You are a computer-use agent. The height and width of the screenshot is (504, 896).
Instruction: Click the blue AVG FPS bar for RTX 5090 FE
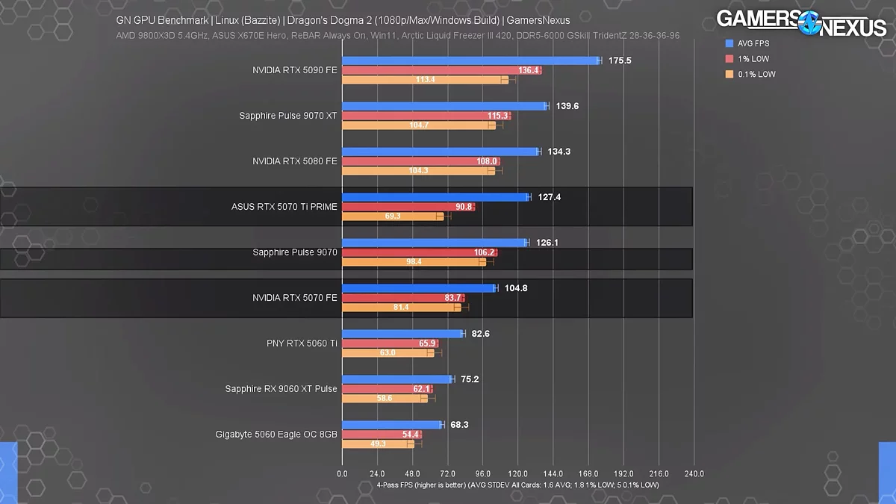point(470,60)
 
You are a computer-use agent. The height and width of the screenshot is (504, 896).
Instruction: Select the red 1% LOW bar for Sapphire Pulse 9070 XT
point(426,116)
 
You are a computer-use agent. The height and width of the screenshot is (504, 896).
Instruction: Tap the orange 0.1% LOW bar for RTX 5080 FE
point(418,170)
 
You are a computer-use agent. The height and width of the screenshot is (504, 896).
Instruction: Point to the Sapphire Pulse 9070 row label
point(295,252)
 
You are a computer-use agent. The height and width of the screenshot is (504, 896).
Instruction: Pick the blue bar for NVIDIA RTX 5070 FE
point(419,288)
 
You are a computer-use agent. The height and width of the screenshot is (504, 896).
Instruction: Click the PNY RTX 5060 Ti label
point(302,343)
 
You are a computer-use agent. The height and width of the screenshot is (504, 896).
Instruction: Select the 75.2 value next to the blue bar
point(470,379)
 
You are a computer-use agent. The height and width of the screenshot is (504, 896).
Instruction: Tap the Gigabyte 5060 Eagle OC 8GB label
point(276,434)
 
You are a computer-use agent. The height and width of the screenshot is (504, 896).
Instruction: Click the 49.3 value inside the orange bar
point(378,444)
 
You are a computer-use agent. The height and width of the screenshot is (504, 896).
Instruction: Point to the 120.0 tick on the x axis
point(517,473)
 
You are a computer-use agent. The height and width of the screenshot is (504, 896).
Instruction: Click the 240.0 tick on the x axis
point(694,473)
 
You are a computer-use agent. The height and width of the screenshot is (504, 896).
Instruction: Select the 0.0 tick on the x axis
point(342,473)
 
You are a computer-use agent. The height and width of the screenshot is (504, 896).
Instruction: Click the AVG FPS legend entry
point(752,43)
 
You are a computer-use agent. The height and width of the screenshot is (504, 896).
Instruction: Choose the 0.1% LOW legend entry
point(755,74)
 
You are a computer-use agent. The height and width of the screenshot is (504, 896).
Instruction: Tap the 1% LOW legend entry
point(752,59)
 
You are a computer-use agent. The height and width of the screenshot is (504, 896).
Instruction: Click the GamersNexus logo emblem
point(810,22)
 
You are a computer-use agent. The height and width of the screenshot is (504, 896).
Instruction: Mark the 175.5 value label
point(620,60)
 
